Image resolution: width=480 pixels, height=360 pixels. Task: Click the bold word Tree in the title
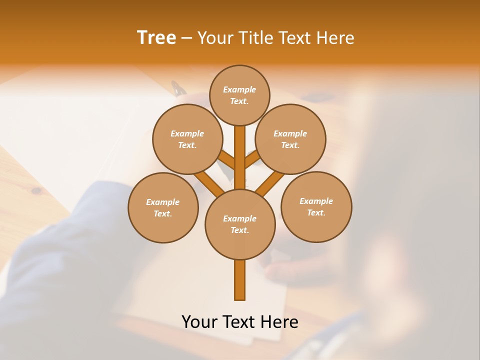click(x=156, y=38)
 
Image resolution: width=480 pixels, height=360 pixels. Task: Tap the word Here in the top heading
click(x=335, y=38)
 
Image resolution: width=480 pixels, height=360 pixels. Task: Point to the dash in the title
click(x=186, y=38)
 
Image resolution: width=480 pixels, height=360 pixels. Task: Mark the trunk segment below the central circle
click(x=240, y=280)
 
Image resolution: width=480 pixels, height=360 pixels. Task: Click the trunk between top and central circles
click(x=240, y=157)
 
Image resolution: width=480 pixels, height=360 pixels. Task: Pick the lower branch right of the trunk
click(x=270, y=183)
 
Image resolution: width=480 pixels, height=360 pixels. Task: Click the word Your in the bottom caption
click(x=199, y=322)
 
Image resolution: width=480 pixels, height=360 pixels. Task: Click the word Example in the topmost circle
click(x=239, y=89)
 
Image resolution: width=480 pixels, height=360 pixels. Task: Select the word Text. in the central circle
click(x=239, y=230)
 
